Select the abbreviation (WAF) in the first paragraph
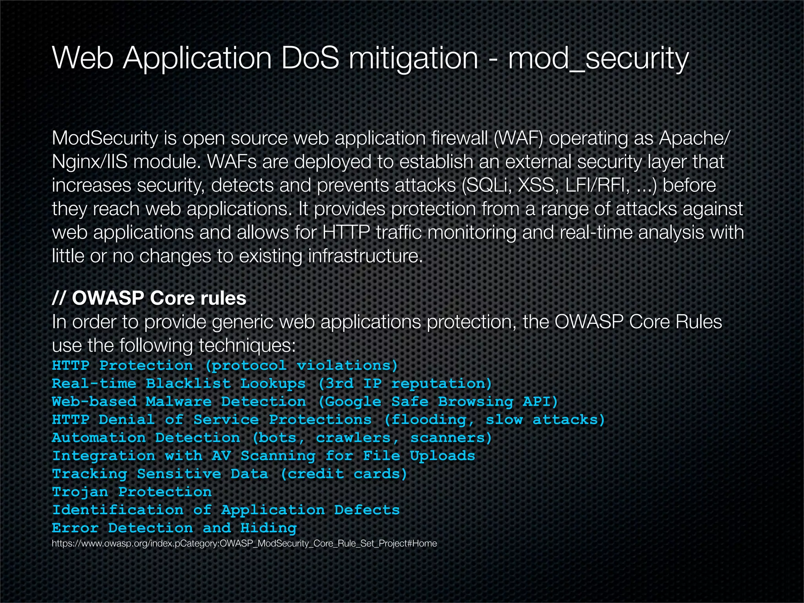pyautogui.click(x=518, y=138)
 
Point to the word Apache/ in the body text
pyautogui.click(x=694, y=138)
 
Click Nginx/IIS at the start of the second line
pyautogui.click(x=90, y=162)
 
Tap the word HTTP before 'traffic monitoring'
pyautogui.click(x=346, y=232)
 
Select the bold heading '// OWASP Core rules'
pyautogui.click(x=149, y=298)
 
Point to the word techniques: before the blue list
pyautogui.click(x=247, y=345)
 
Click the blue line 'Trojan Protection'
pyautogui.click(x=132, y=492)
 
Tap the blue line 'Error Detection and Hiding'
pyautogui.click(x=174, y=528)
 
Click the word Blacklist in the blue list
pyautogui.click(x=188, y=384)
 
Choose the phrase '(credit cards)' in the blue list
pyautogui.click(x=344, y=474)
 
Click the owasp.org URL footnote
pyautogui.click(x=244, y=544)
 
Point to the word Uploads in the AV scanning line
pyautogui.click(x=442, y=456)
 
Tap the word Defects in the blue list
pyautogui.click(x=367, y=510)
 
